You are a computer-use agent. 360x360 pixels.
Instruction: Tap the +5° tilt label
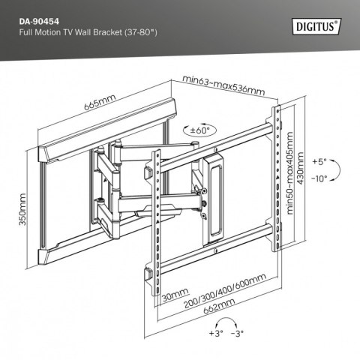pos(319,161)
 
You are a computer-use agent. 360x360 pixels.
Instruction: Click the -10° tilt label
pos(319,178)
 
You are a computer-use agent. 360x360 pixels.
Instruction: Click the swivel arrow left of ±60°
pos(182,130)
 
